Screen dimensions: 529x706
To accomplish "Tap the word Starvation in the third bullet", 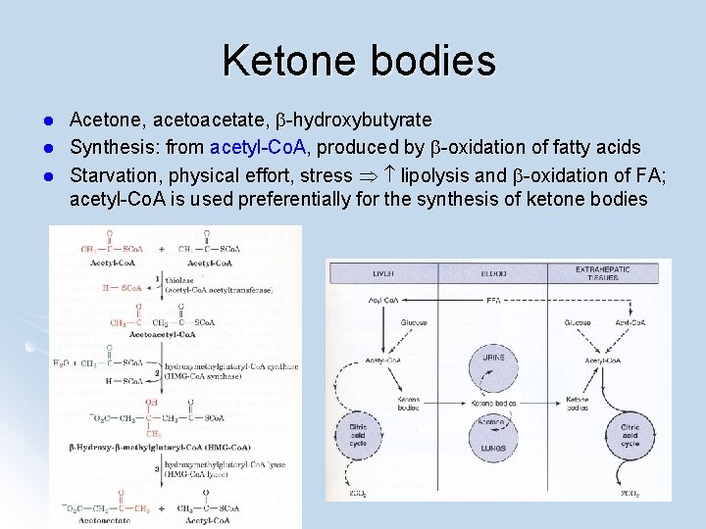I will coord(112,175).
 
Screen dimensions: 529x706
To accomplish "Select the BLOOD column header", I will coord(494,273).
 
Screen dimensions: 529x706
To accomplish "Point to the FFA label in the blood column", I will coord(493,301).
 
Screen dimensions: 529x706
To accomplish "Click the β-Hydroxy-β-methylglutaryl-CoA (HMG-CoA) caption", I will coord(147,447).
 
